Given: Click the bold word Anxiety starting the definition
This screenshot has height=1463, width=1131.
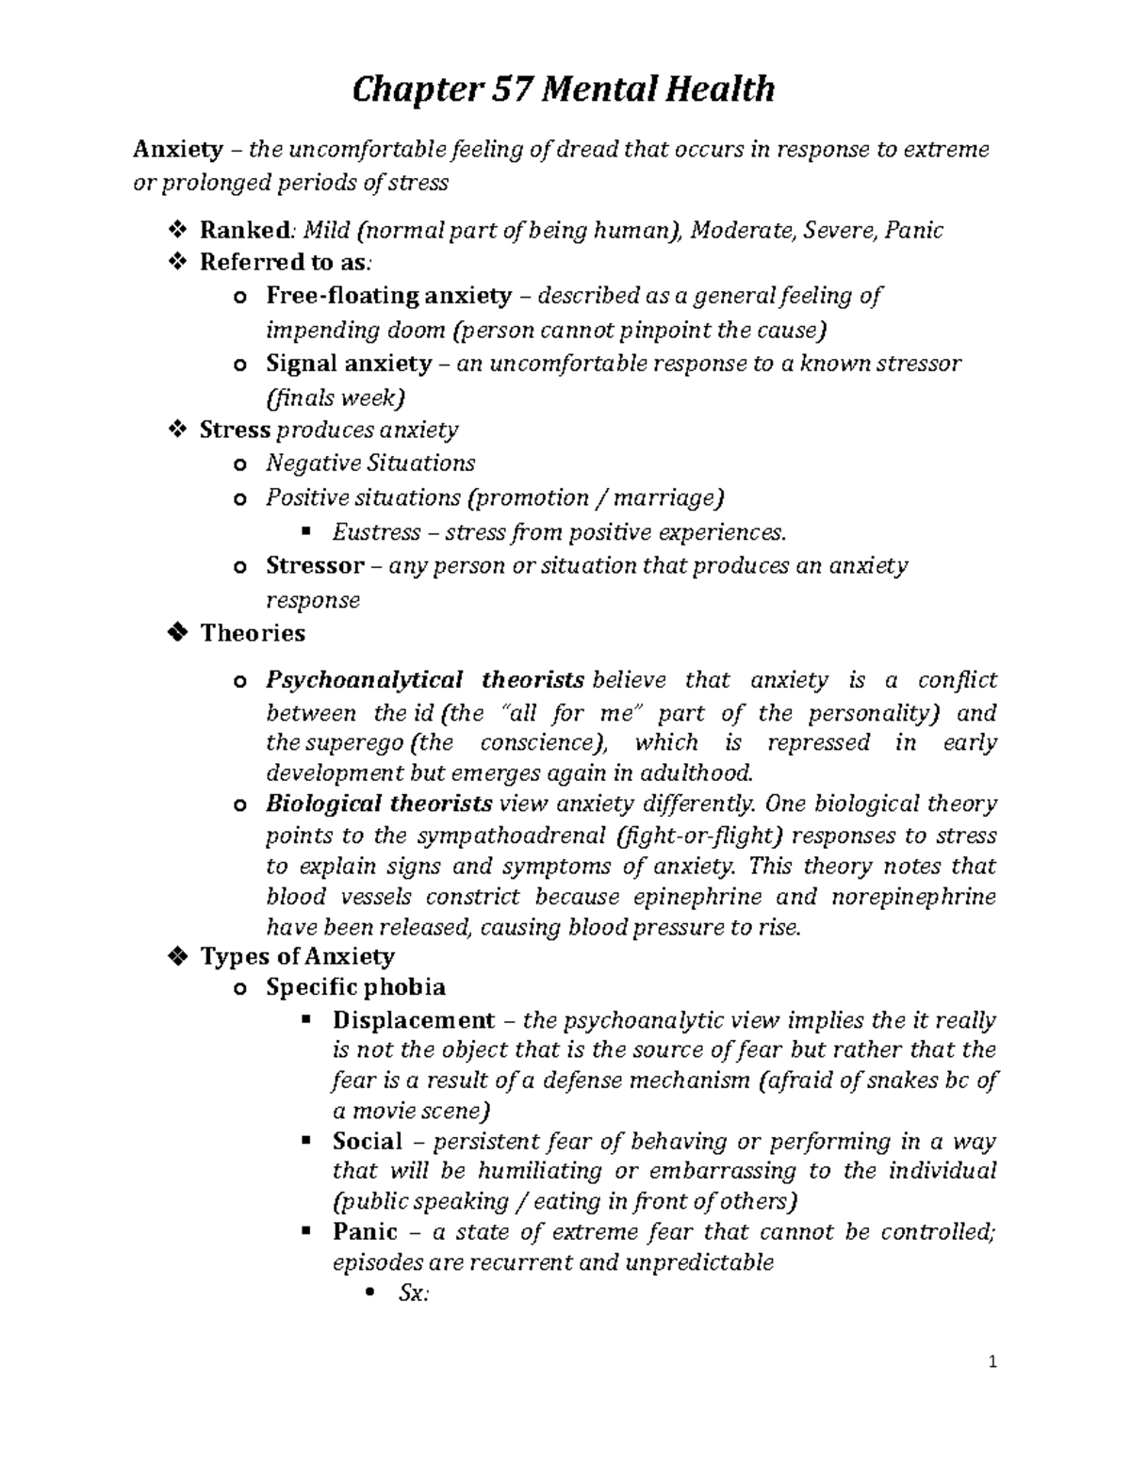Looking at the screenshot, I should pos(178,149).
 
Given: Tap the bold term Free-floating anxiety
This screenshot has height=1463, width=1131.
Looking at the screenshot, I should pos(388,296).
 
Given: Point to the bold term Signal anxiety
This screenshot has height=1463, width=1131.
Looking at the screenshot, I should pos(349,364).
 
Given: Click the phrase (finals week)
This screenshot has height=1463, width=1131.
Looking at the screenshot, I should pos(335,398).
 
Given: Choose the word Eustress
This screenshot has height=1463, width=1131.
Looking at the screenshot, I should pos(376,533).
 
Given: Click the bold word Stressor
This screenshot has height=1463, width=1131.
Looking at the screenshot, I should pos(315,566).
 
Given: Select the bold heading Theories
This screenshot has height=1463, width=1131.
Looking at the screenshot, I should pos(253,633).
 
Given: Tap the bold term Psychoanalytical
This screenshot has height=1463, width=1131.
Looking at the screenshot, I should pos(364,680).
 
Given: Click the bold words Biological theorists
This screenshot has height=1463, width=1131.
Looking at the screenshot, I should pos(379,805).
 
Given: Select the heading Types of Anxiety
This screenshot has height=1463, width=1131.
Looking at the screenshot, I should pos(297,957).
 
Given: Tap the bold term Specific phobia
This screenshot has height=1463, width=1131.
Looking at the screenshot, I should pos(355,987).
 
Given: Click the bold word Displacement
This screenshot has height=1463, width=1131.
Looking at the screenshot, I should pos(413,1020).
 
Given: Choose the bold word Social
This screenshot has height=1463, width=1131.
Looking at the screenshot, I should pos(367,1142).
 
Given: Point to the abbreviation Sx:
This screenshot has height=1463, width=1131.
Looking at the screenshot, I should pos(414,1294).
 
